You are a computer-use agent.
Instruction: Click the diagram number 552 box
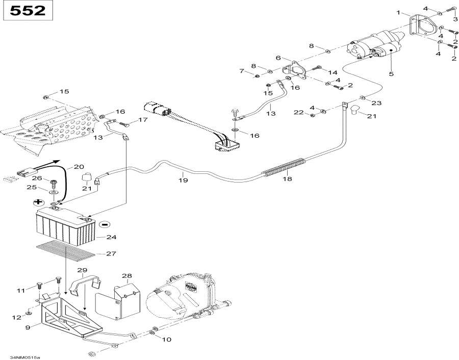[29, 11]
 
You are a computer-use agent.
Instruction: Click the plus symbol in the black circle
[38, 202]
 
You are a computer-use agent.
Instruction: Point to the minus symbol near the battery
[104, 223]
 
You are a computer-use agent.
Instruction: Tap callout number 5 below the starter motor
[391, 74]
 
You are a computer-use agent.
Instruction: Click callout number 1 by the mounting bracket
[399, 12]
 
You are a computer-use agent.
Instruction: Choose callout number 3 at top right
[454, 19]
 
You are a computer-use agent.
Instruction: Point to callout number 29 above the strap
[83, 270]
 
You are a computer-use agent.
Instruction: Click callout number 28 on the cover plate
[127, 275]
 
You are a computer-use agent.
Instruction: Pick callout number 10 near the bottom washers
[167, 339]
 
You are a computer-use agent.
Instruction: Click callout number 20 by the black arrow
[79, 167]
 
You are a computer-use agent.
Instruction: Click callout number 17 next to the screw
[142, 120]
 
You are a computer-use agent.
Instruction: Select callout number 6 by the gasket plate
[278, 58]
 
